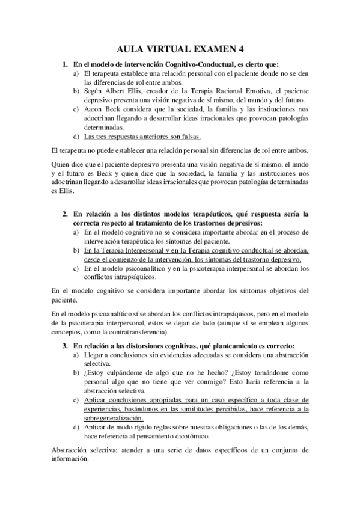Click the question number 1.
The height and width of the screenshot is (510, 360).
pyautogui.click(x=65, y=64)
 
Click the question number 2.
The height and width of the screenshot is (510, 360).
pyautogui.click(x=65, y=214)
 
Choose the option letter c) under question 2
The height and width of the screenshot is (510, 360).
pyautogui.click(x=76, y=269)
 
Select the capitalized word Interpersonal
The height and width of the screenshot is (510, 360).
pyautogui.click(x=150, y=250)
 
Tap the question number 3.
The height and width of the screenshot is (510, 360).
pyautogui.click(x=65, y=346)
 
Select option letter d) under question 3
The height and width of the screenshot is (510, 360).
pyautogui.click(x=76, y=426)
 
